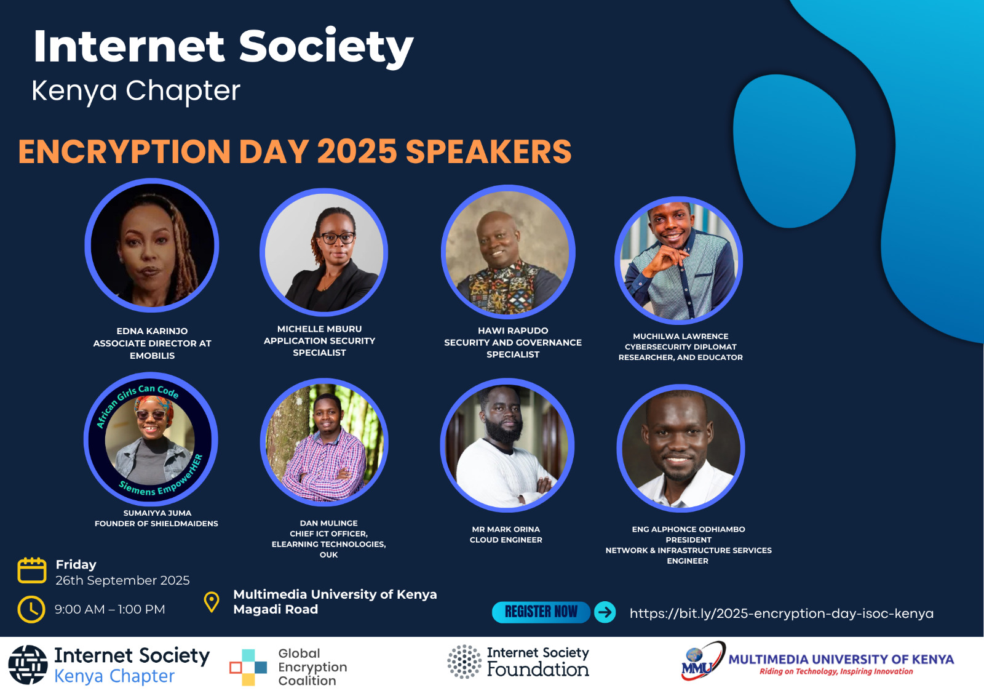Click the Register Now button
pyautogui.click(x=541, y=612)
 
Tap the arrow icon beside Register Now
pyautogui.click(x=605, y=612)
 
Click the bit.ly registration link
pyautogui.click(x=782, y=614)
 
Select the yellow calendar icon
pyautogui.click(x=31, y=570)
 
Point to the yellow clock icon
pyautogui.click(x=31, y=609)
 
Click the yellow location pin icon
pyautogui.click(x=212, y=602)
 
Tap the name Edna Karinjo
pyautogui.click(x=152, y=331)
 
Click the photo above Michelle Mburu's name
pyautogui.click(x=323, y=252)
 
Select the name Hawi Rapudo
pyautogui.click(x=513, y=330)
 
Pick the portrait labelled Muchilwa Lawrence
pyautogui.click(x=679, y=260)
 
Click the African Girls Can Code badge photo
pyautogui.click(x=151, y=439)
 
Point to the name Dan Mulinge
pyautogui.click(x=328, y=523)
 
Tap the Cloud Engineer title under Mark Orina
pyautogui.click(x=506, y=540)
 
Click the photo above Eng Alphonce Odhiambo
pyautogui.click(x=680, y=448)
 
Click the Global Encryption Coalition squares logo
pyautogui.click(x=248, y=668)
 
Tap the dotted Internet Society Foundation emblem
pyautogui.click(x=464, y=662)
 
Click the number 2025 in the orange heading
pyautogui.click(x=357, y=151)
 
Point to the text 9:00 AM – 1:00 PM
pyautogui.click(x=110, y=609)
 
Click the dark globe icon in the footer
pyautogui.click(x=28, y=665)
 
